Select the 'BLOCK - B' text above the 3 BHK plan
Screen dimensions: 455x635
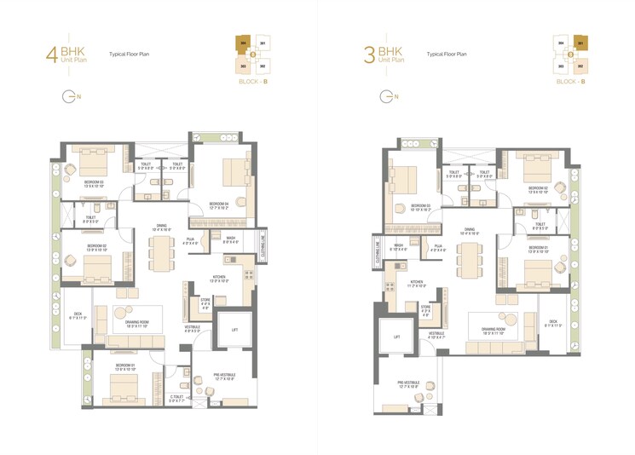click(569, 81)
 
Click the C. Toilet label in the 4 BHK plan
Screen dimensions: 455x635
click(177, 397)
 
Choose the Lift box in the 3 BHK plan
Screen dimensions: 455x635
click(396, 337)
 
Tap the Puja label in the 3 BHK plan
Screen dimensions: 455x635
click(437, 246)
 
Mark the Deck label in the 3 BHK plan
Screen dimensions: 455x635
click(552, 323)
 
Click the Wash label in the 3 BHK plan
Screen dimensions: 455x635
click(398, 248)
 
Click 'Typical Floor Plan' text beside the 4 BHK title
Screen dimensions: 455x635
click(130, 54)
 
